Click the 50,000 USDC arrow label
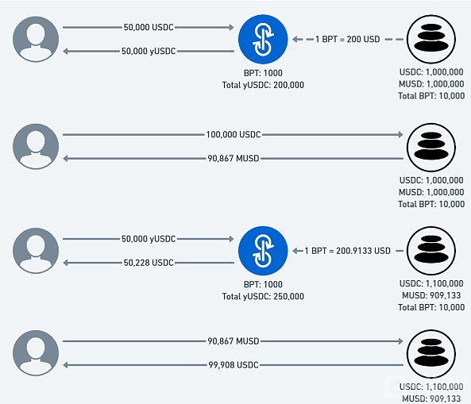pos(149,27)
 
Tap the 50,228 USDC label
pos(149,263)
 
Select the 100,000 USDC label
pos(234,134)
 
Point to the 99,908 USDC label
pos(234,365)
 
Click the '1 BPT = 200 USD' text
pos(348,40)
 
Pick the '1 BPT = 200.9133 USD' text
pos(348,251)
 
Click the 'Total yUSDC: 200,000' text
pos(263,85)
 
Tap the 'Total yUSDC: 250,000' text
pos(263,296)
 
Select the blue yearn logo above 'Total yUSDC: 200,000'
pos(263,40)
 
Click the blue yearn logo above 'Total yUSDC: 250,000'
pos(263,251)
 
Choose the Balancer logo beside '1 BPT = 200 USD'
pos(431,40)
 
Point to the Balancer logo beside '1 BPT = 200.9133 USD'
pos(431,251)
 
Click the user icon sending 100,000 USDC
pos(36,147)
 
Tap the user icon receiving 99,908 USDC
pos(36,353)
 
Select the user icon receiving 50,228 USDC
pos(36,251)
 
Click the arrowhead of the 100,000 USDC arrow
pos(401,134)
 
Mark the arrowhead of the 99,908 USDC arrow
pos(65,365)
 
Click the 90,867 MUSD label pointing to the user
pos(234,158)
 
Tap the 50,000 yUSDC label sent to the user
pos(149,51)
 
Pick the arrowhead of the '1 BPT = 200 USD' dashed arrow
pos(295,40)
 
